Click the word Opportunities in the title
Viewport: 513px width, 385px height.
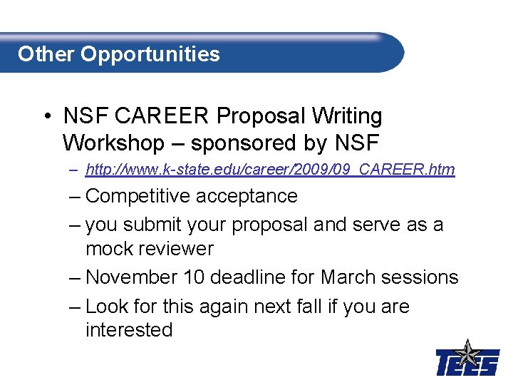150,55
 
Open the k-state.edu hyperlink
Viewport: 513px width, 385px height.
269,170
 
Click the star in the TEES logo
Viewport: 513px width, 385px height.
467,353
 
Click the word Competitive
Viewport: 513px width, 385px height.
140,195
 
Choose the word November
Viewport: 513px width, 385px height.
131,277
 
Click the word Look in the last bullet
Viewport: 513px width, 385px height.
104,307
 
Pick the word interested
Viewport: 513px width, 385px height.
129,330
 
